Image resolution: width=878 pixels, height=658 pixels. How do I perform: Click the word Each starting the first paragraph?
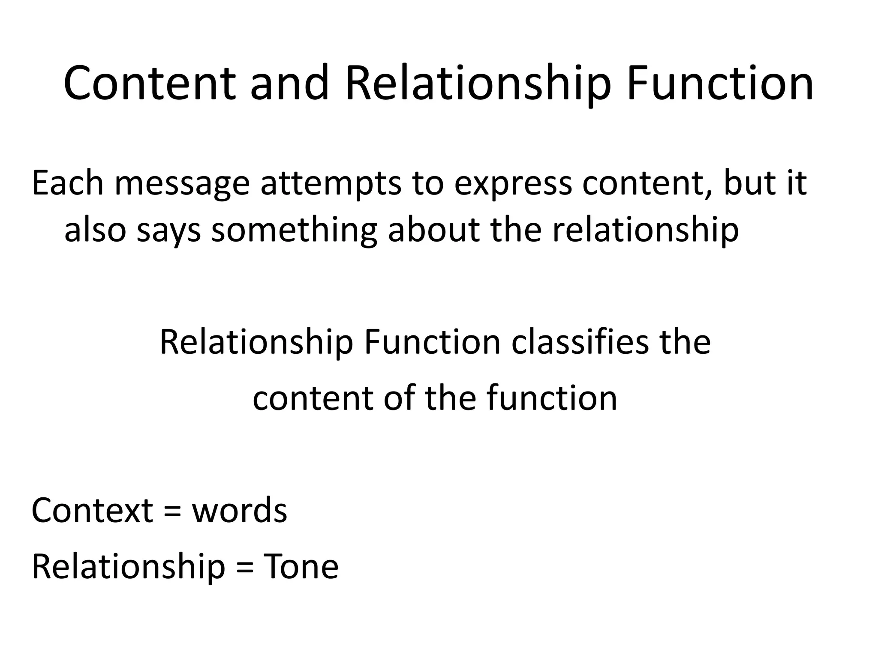[x=68, y=183]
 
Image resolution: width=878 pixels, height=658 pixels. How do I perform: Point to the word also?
[x=95, y=230]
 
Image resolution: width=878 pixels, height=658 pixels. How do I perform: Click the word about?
[x=433, y=230]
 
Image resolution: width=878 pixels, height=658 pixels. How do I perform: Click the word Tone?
[x=301, y=566]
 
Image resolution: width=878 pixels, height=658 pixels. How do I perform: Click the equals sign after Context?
[x=172, y=511]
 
